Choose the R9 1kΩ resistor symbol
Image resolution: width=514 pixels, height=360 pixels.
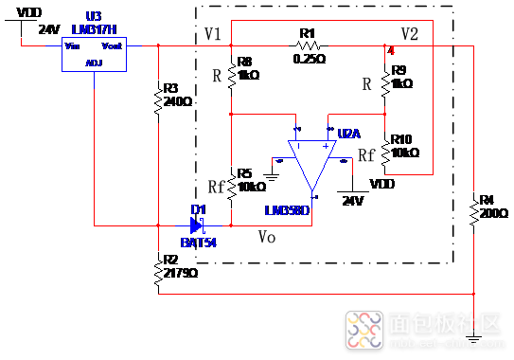385,81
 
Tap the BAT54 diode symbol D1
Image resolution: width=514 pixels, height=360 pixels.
198,225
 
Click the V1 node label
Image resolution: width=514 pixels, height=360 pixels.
212,35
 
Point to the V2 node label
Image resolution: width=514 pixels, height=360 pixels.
409,34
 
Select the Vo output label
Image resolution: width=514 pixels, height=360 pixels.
268,237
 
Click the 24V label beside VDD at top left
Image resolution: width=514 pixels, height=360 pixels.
48,29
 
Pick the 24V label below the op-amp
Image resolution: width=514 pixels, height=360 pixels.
352,201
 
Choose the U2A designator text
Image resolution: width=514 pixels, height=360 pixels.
349,132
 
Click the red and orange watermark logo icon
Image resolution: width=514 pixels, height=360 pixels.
363,329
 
